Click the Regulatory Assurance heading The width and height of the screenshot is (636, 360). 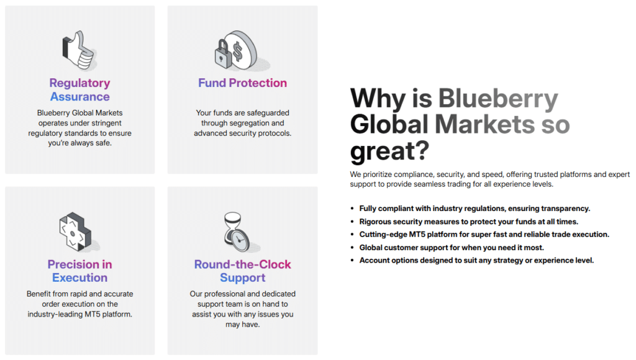79,90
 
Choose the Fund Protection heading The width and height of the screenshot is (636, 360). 242,83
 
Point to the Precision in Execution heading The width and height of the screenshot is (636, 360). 79,271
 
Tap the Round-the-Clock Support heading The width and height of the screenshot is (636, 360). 242,271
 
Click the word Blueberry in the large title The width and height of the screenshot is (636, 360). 497,99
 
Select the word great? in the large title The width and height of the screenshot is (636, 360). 389,151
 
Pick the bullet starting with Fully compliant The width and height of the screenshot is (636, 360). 475,209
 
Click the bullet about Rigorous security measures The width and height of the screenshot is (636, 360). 468,222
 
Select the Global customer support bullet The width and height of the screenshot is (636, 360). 451,248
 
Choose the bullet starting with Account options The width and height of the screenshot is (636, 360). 476,260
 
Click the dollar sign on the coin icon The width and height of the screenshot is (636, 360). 238,51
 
